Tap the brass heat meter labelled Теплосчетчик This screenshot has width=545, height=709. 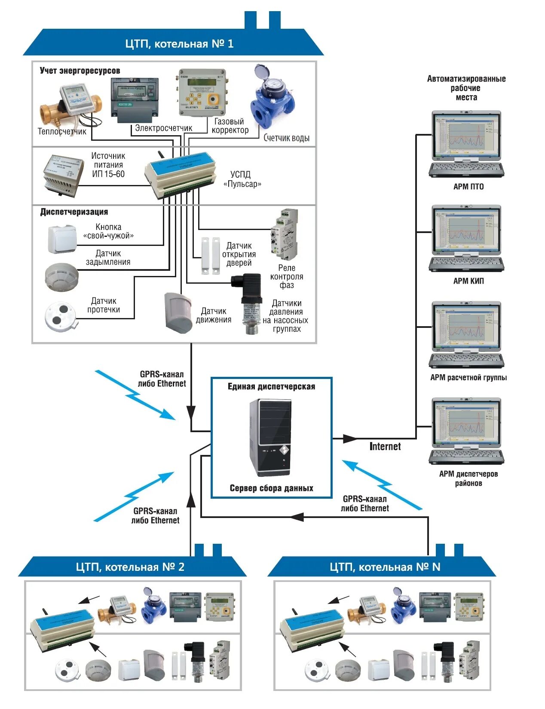71,105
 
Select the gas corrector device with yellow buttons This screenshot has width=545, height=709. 201,93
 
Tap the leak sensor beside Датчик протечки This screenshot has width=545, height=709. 61,315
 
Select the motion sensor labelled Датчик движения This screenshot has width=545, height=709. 178,312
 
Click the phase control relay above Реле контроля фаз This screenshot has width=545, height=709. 284,234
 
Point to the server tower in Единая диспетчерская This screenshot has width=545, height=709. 270,437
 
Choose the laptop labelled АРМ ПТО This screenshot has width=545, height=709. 466,144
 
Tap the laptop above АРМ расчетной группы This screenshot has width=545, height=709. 466,335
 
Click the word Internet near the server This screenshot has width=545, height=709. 385,446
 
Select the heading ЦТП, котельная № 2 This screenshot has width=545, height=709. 130,567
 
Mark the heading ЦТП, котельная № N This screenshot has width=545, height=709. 385,567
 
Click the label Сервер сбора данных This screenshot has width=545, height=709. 271,488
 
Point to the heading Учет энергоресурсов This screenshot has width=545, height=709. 80,71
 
